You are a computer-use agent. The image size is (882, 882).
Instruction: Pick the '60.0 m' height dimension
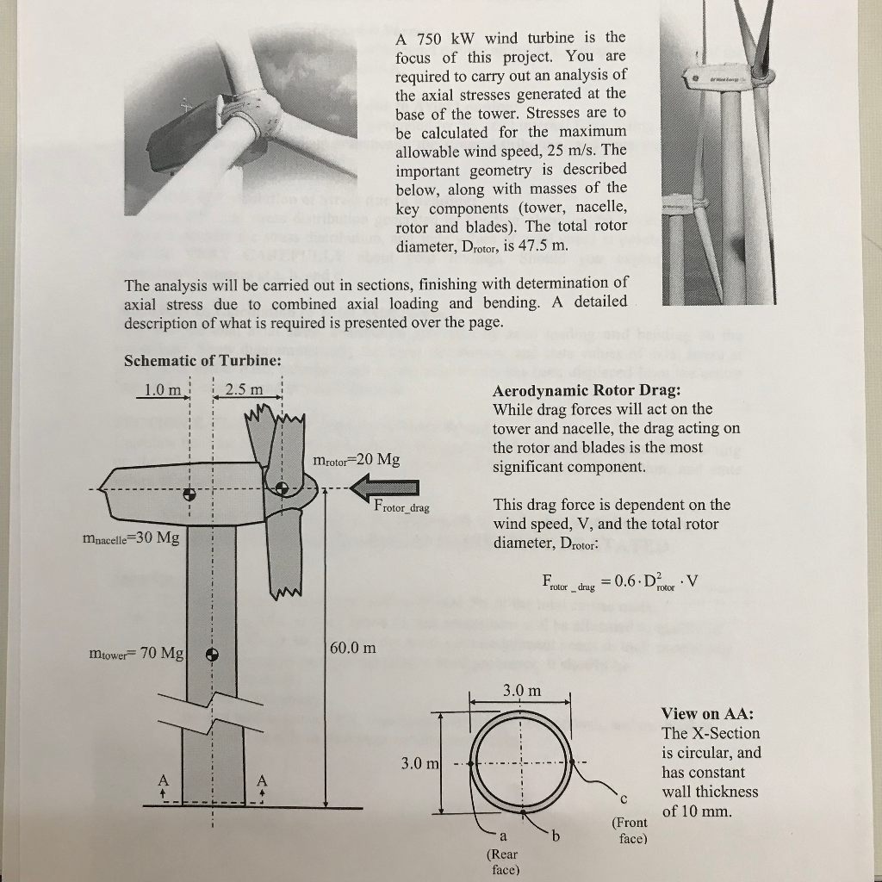pyautogui.click(x=353, y=648)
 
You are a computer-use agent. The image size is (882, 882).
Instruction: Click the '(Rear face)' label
pyautogui.click(x=502, y=861)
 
